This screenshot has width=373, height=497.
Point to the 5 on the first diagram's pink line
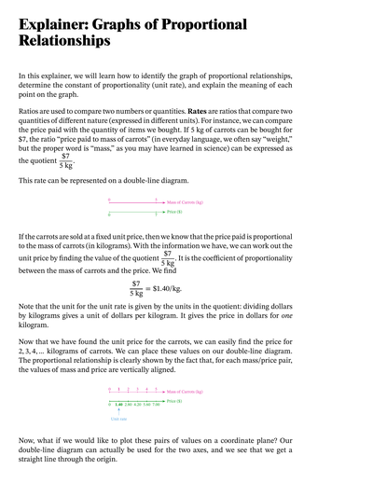click(156, 199)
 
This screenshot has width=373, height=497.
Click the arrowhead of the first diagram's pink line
click(165, 201)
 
